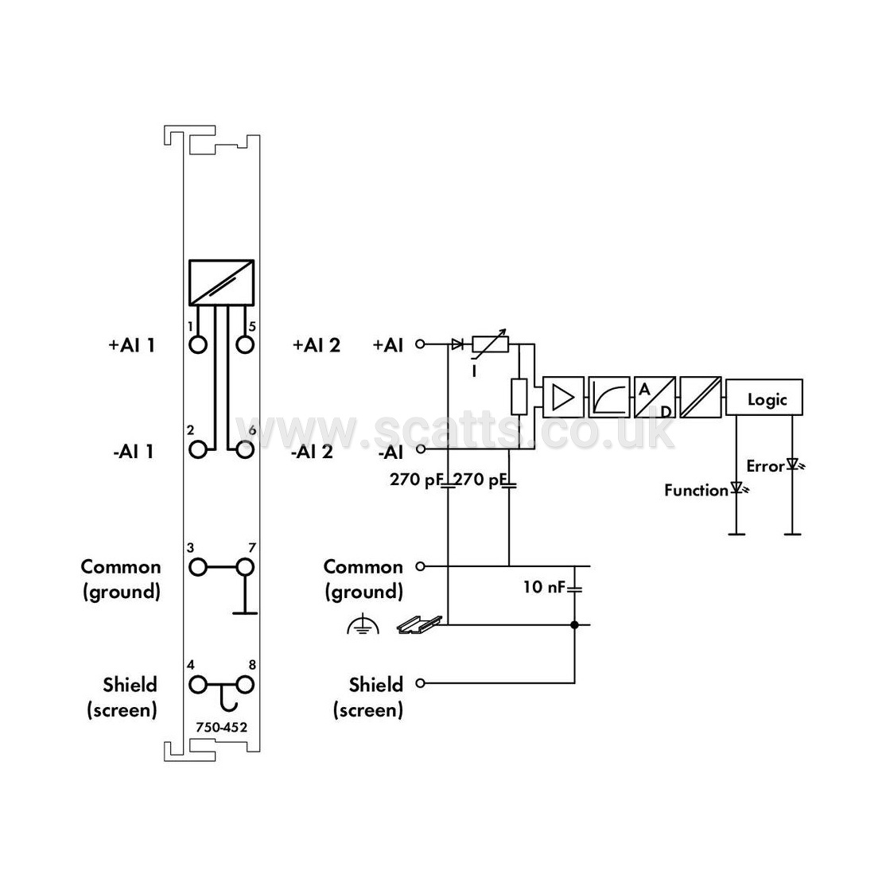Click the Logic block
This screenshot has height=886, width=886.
(x=764, y=398)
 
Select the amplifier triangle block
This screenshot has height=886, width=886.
(x=563, y=397)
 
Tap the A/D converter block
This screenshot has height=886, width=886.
(x=655, y=397)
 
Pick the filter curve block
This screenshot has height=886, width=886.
(x=609, y=397)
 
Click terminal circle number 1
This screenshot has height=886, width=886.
(x=198, y=344)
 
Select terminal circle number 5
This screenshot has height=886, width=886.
(x=245, y=344)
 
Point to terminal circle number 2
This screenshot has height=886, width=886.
(x=198, y=450)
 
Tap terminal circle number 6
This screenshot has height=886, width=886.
(x=245, y=450)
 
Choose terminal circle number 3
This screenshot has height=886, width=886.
(x=198, y=567)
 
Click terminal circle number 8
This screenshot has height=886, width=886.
(x=245, y=685)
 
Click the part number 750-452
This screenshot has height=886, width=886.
(x=221, y=727)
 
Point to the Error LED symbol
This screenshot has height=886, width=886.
(x=795, y=465)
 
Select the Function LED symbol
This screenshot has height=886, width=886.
(x=739, y=488)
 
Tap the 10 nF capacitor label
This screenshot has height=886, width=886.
(x=543, y=587)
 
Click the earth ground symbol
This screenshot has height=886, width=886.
(x=363, y=626)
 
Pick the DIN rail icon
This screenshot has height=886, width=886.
(x=420, y=624)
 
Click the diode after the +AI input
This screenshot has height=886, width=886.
(x=457, y=344)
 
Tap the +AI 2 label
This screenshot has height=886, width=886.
(x=317, y=344)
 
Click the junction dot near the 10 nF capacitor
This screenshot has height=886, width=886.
(x=575, y=625)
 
